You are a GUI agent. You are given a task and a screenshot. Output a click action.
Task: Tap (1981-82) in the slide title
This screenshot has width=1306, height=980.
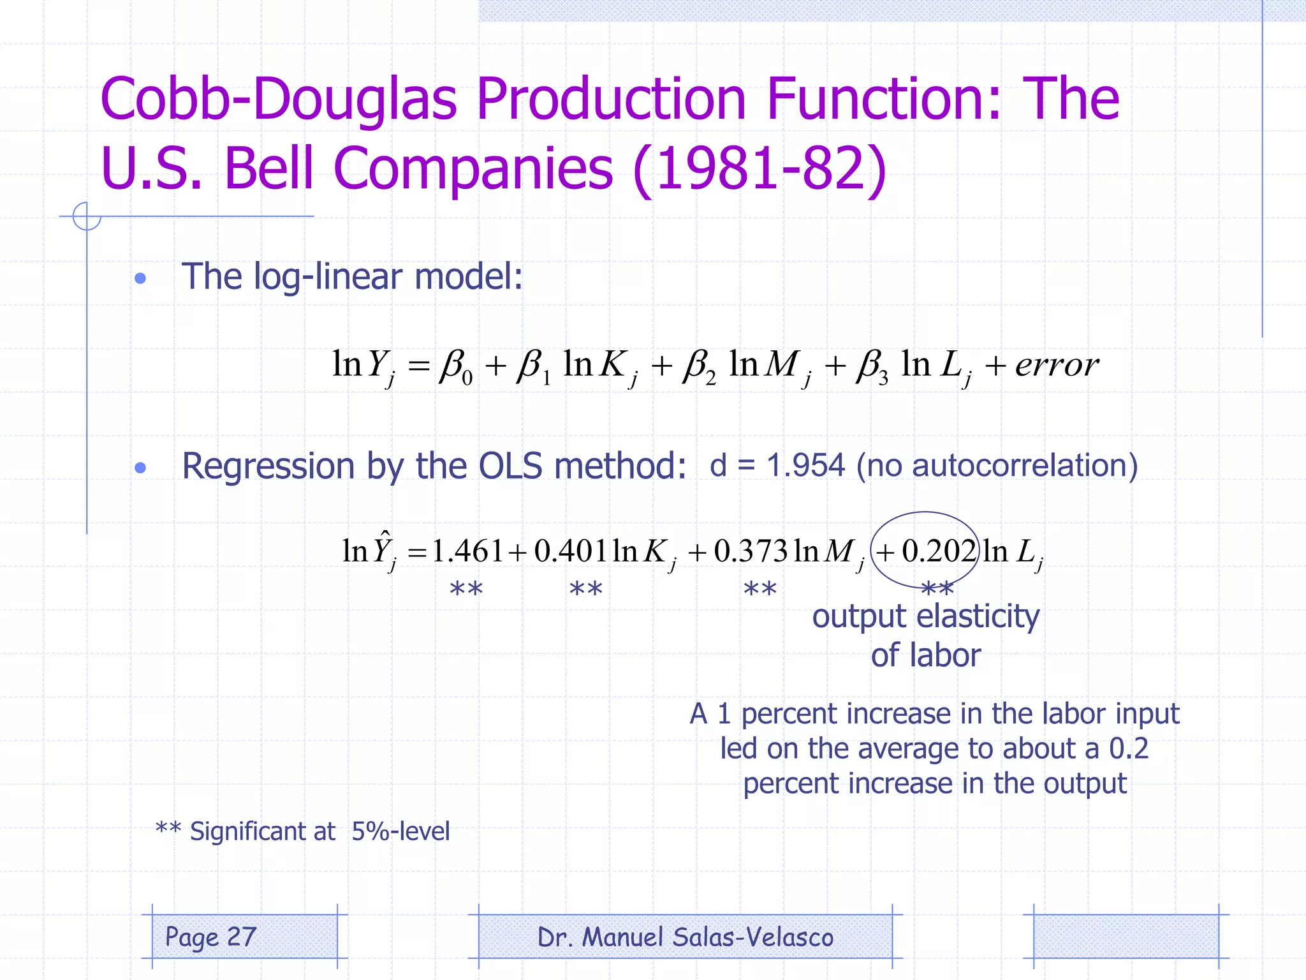coord(759,168)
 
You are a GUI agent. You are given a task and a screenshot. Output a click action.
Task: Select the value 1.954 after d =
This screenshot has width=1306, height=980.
coord(805,465)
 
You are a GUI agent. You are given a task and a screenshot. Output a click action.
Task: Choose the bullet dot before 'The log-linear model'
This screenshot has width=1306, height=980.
coord(141,278)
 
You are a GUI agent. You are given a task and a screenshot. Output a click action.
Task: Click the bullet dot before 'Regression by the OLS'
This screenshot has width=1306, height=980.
coord(141,468)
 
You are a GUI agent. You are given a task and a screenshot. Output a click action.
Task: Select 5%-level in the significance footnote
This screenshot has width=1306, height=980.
coord(400,831)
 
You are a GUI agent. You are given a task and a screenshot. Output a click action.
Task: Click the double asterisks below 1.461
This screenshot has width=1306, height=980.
coord(466,589)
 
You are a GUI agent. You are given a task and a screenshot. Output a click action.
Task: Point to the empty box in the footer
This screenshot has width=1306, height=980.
coord(1126,936)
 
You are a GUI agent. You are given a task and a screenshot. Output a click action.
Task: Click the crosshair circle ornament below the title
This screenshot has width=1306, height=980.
coord(87,216)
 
